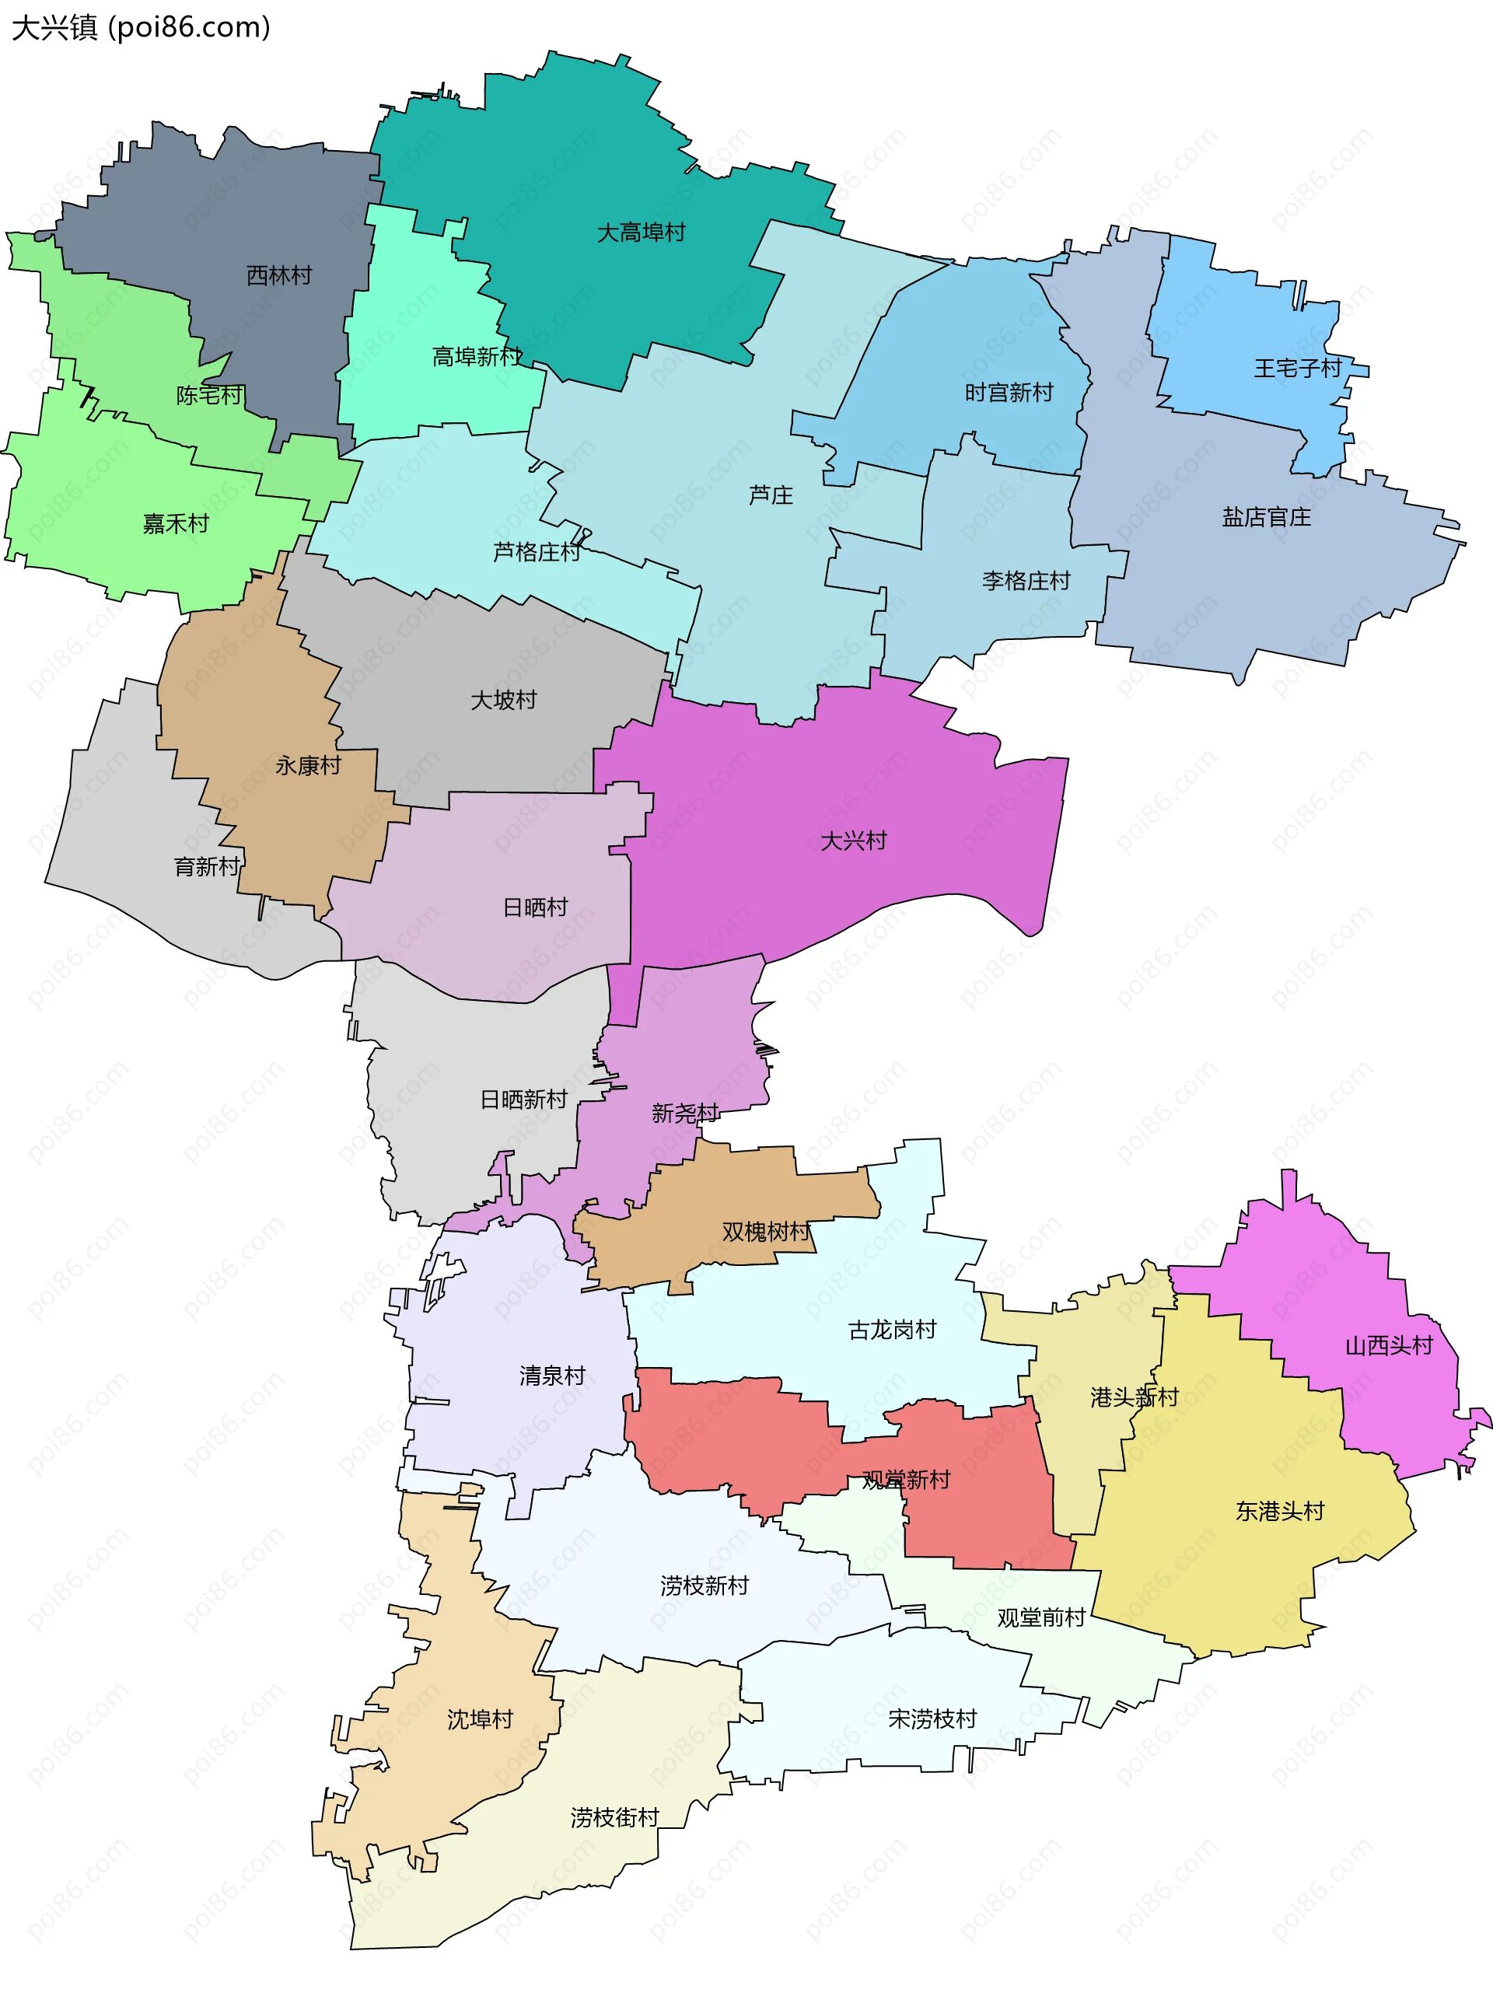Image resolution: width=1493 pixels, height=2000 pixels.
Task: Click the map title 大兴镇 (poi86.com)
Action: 140,28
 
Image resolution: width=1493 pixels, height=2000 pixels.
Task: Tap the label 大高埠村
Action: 641,233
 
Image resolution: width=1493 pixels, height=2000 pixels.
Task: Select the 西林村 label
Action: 279,274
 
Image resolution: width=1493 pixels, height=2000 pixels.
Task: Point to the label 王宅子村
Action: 1297,368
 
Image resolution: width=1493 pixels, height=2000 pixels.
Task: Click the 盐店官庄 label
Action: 1266,517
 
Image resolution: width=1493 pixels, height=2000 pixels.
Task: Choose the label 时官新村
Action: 1009,392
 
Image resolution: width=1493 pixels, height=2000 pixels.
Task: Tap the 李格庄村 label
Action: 1026,580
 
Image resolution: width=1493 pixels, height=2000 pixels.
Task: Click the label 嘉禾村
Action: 175,523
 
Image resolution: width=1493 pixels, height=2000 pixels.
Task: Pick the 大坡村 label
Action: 503,700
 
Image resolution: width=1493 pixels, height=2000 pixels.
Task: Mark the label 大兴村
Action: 853,841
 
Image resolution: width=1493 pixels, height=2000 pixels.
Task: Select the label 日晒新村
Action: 523,1099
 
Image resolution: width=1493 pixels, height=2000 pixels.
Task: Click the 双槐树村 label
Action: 765,1231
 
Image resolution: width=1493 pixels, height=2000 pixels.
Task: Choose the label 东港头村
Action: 1280,1511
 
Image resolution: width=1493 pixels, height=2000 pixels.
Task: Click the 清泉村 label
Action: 552,1376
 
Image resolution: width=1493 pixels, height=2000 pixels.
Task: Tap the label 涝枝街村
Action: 614,1817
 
